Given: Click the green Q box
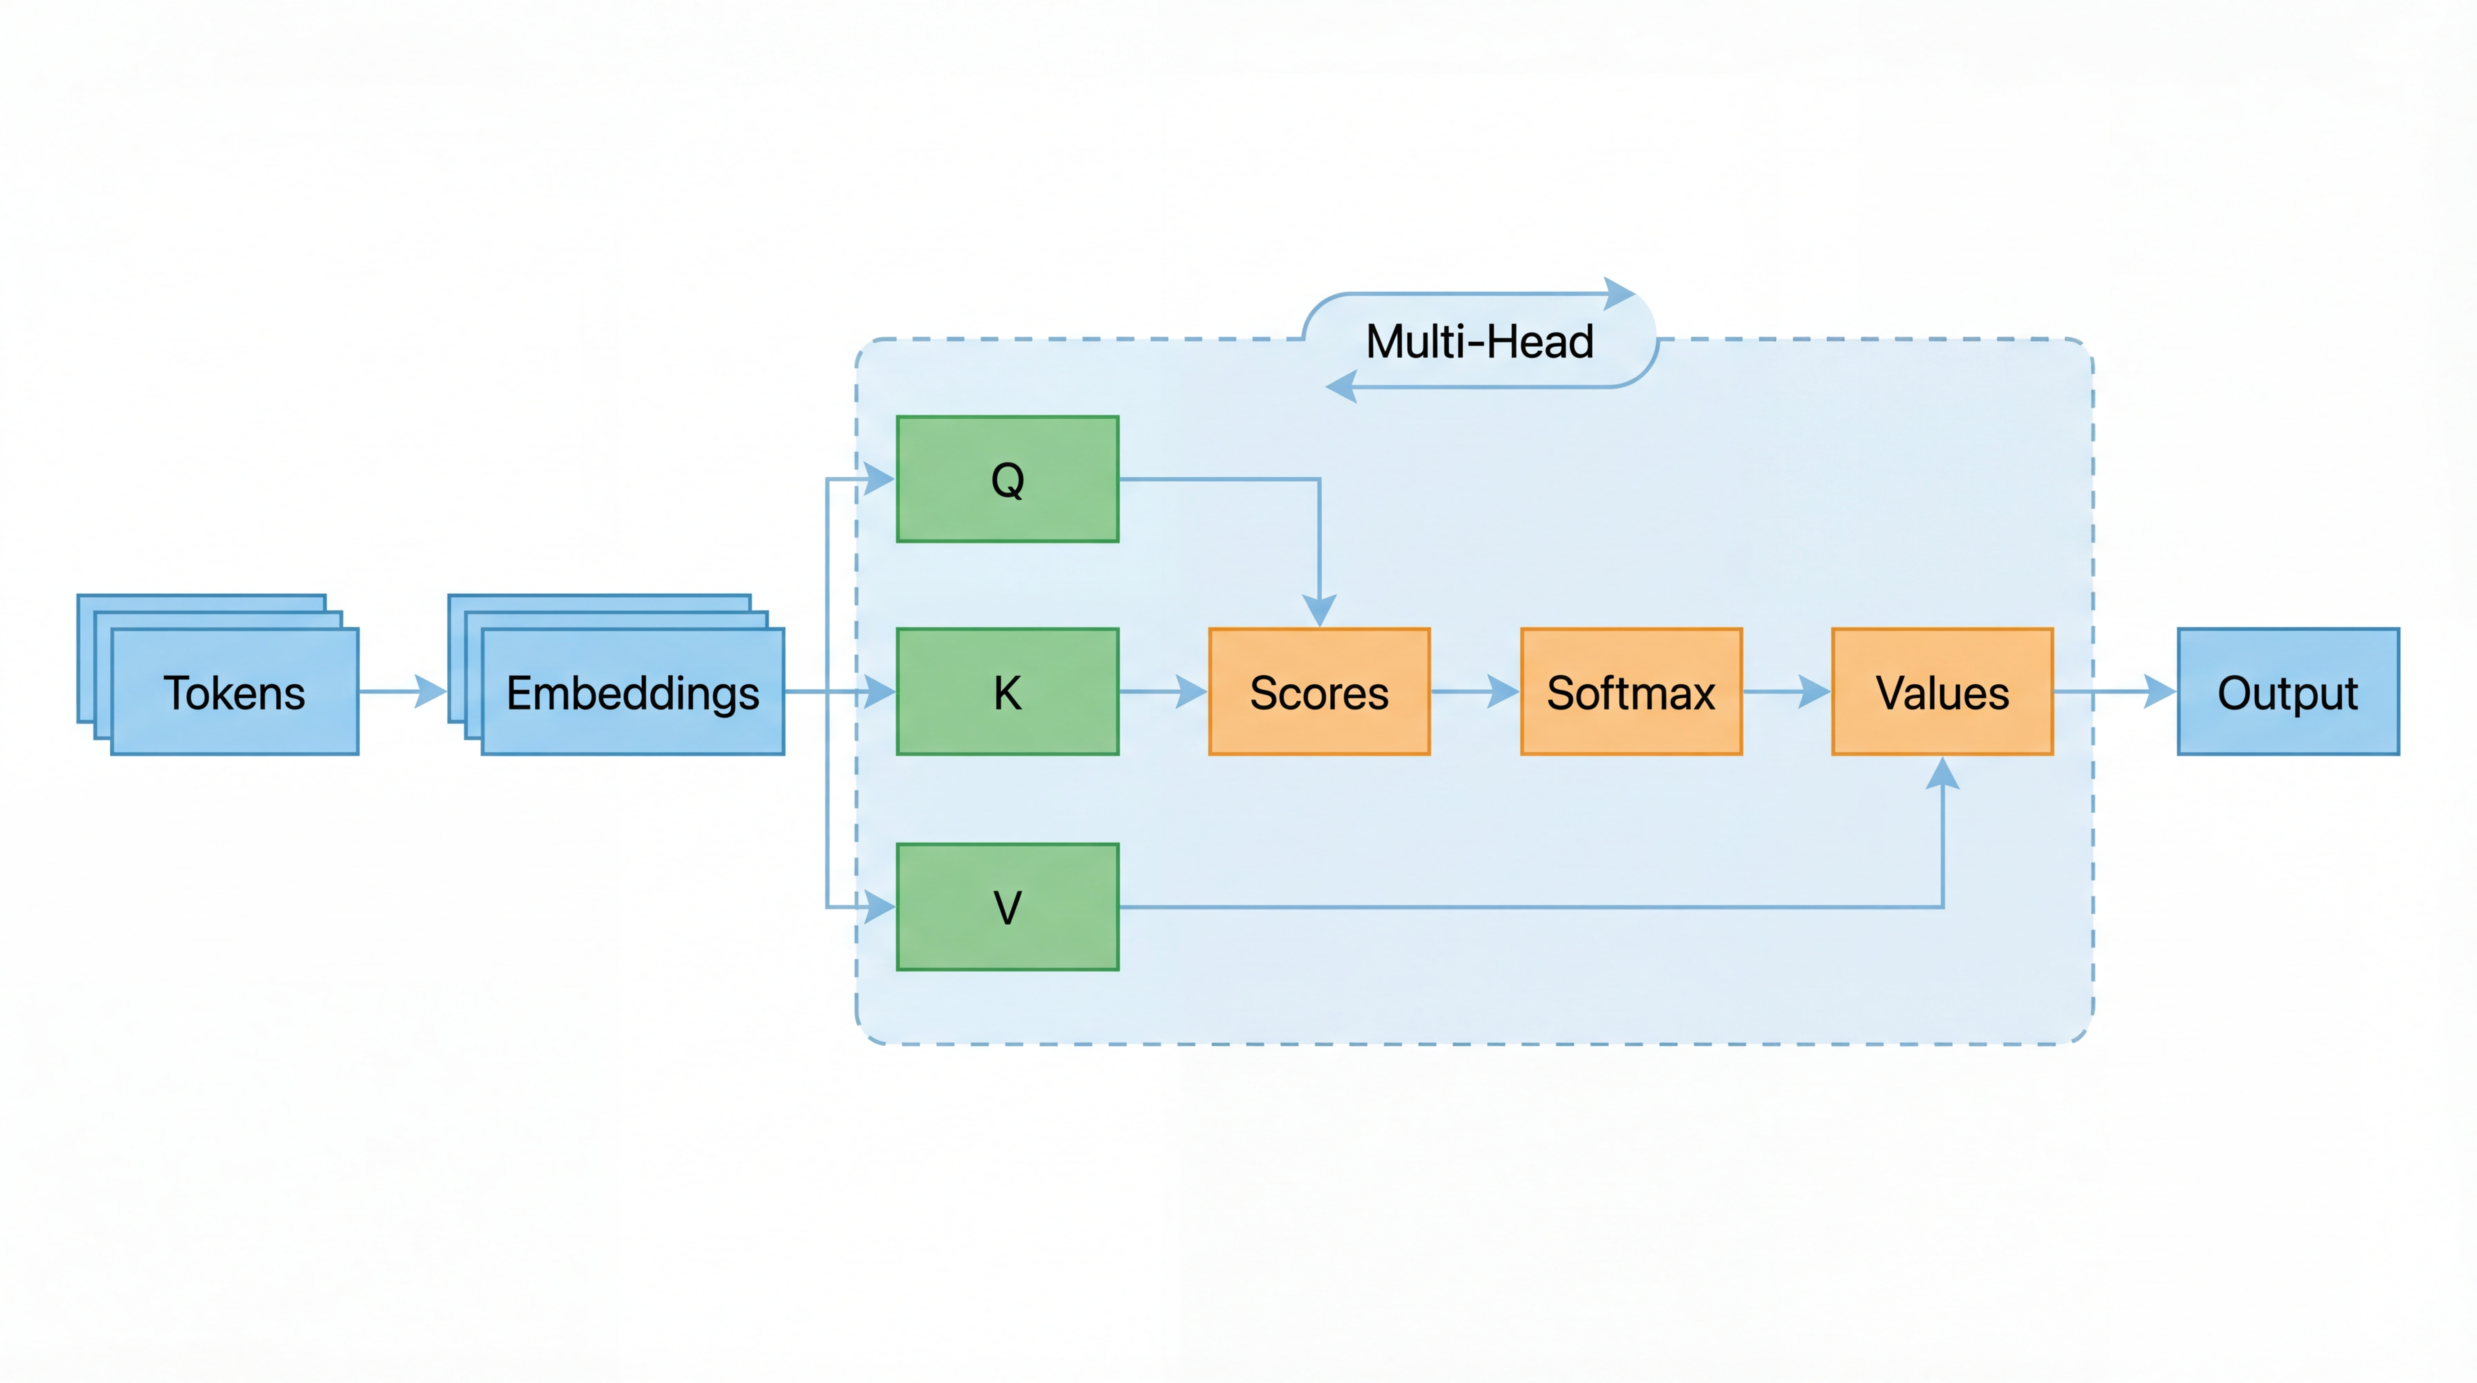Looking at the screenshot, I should coord(1007,479).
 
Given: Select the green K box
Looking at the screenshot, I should coord(1007,691).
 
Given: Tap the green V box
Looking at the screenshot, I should coord(1007,907).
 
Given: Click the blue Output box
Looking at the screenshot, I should coord(2288,691).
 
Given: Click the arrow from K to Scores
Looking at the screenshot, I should coord(1163,691).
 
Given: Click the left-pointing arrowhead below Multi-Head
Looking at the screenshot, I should coord(1342,388).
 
